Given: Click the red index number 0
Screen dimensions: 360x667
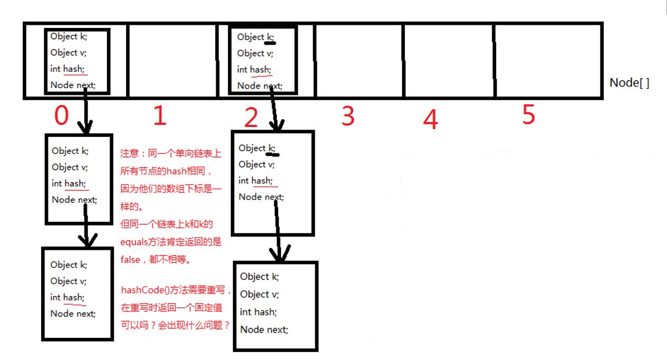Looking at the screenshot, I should (x=62, y=115).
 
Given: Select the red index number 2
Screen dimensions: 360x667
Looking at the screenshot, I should (x=251, y=118).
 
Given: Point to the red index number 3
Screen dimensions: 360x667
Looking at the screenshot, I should (x=347, y=116).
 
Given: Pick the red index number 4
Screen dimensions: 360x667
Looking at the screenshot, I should (x=430, y=120).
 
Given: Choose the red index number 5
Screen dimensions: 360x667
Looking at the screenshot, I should (x=529, y=114).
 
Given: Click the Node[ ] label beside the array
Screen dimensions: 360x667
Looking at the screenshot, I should (x=630, y=83).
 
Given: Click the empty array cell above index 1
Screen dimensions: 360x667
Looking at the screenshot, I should (x=172, y=61).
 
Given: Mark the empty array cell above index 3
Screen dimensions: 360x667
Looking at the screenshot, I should (x=359, y=61).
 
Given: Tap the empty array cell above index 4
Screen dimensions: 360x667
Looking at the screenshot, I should (x=449, y=61).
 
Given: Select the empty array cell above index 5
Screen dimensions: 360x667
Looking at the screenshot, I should (x=548, y=61).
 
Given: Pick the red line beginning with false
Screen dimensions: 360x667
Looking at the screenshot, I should (x=159, y=259).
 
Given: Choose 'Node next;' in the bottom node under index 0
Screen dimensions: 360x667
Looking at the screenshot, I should (x=73, y=314).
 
